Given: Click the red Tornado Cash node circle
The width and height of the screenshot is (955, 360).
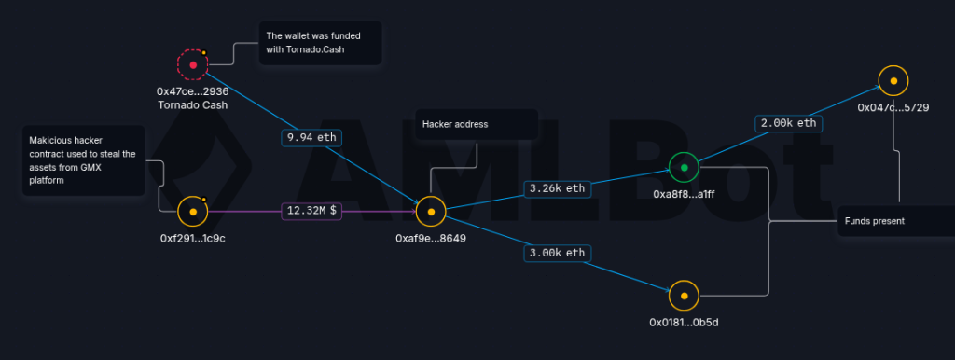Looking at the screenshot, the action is (x=193, y=65).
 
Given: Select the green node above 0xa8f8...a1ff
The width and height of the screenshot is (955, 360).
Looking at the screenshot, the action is (x=684, y=168).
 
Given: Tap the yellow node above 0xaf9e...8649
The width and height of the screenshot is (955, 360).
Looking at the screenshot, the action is (x=431, y=212).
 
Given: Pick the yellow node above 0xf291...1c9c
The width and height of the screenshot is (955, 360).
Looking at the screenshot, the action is (x=193, y=212).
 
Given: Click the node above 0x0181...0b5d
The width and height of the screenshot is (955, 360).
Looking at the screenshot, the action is (x=684, y=296).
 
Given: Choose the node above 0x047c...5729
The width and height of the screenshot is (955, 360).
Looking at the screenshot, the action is (x=893, y=81).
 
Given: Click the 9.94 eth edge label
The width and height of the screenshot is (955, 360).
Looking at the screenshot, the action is (x=311, y=138).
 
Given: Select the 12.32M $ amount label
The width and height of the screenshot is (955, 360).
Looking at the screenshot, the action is (x=311, y=211).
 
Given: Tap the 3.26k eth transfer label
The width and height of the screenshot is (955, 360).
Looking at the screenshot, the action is (x=558, y=188).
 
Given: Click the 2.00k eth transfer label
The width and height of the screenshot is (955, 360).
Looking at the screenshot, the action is (x=789, y=123).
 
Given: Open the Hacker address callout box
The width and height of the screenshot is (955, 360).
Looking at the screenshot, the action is (x=477, y=124).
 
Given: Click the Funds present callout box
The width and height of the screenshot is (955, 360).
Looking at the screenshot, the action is (x=896, y=221).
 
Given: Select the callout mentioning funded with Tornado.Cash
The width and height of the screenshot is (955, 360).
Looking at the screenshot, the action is (x=321, y=43).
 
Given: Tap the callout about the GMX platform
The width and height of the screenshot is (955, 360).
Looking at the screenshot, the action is (x=83, y=160).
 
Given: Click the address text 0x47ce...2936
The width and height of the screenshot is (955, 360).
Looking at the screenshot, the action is (x=192, y=92).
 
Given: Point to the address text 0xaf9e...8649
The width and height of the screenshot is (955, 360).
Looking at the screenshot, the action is (x=431, y=239).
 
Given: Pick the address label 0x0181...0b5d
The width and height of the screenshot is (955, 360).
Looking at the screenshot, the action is (x=684, y=323).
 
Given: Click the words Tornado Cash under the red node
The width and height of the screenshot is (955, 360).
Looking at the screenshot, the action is (x=192, y=105).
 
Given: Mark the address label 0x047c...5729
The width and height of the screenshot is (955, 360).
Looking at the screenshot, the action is (x=893, y=108).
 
